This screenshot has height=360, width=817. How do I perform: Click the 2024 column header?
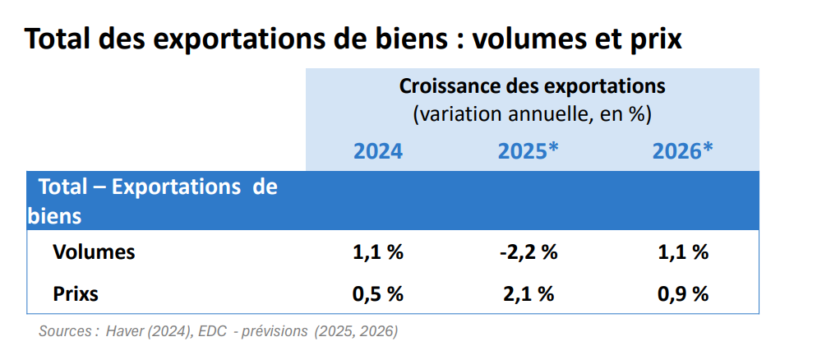[378, 151]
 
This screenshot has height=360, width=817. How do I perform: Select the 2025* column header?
[529, 151]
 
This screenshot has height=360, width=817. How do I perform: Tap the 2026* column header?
[682, 151]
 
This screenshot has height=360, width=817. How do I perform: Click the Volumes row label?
[94, 252]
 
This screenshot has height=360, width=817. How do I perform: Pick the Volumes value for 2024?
[378, 252]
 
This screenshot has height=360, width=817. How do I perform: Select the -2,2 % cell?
[529, 252]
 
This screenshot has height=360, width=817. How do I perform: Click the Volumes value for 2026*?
[682, 252]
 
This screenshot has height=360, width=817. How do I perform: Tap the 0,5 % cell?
[378, 293]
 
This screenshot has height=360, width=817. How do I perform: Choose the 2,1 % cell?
[529, 293]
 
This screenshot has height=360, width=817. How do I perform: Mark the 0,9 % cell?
[682, 293]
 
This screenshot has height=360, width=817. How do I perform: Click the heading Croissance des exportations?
[532, 86]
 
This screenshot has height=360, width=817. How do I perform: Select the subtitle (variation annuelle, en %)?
[532, 114]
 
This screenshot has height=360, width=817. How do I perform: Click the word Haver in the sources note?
[126, 331]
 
